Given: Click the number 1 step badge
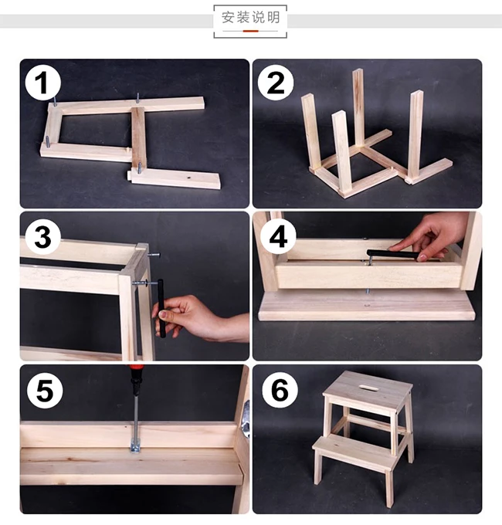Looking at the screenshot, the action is point(43,83).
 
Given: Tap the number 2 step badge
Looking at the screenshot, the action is point(276,83).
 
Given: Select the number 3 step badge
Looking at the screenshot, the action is point(43,237).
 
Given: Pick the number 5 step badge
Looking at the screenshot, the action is point(45,391).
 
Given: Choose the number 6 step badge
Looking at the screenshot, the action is point(280,390).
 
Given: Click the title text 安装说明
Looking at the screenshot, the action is point(250,18).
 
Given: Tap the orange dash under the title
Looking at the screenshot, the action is point(250,31).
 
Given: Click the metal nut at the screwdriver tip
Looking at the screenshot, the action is point(135,448).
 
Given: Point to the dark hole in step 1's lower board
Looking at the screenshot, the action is point(189,178).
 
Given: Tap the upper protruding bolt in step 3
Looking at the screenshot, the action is point(153,255).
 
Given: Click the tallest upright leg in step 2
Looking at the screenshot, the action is point(358,108).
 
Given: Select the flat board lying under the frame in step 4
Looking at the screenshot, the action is point(367,306).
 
